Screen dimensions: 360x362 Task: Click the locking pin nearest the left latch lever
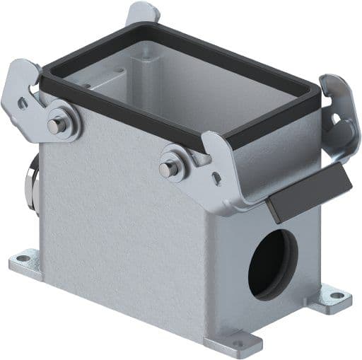click(54, 124)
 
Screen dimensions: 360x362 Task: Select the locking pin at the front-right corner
click(167, 169)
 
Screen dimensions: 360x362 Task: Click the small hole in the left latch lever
click(22, 103)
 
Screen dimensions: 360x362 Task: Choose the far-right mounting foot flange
click(329, 297)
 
